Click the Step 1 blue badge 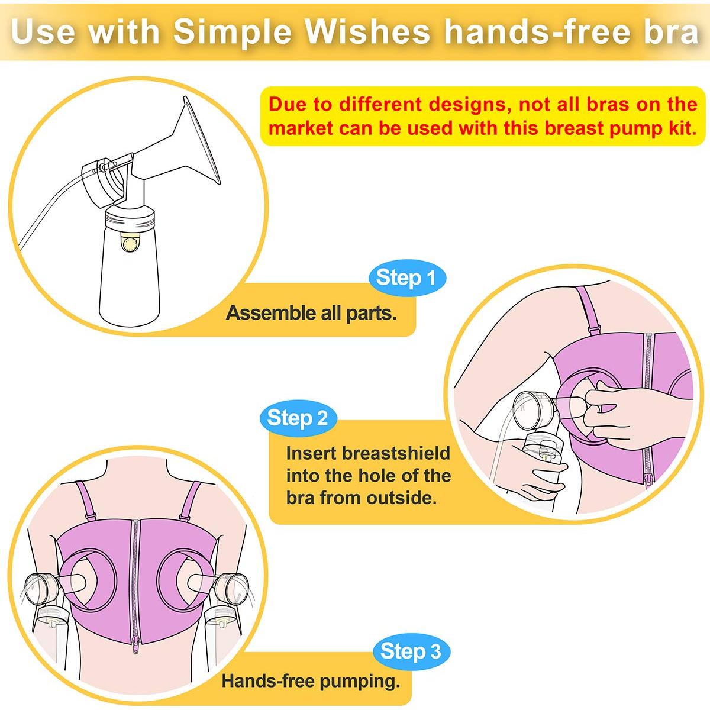pyautogui.click(x=406, y=277)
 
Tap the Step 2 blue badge pyautogui.click(x=298, y=418)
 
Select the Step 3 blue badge pyautogui.click(x=411, y=651)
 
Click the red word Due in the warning pyautogui.click(x=288, y=105)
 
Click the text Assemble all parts pyautogui.click(x=311, y=313)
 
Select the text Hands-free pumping pyautogui.click(x=311, y=681)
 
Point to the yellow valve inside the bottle pyautogui.click(x=128, y=244)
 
